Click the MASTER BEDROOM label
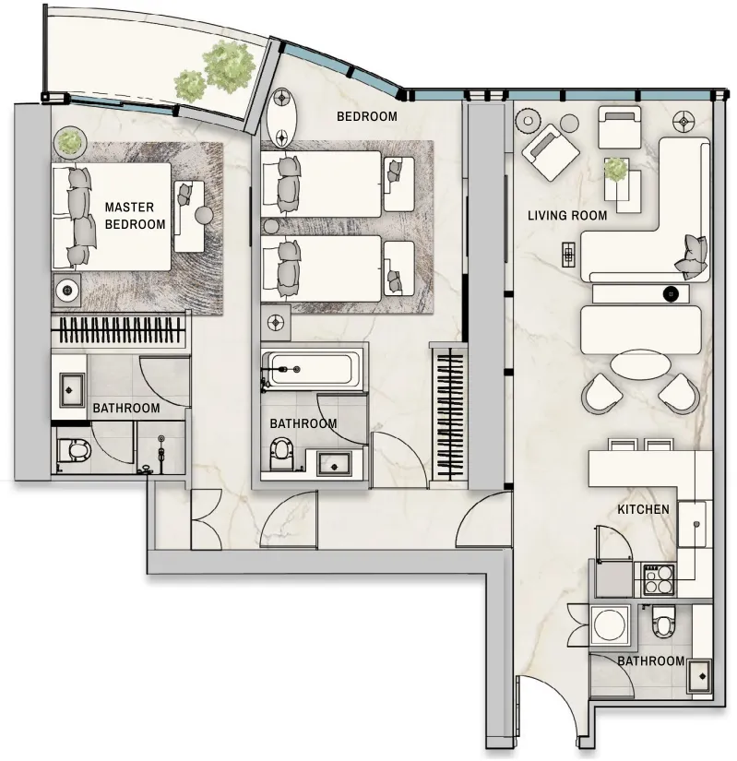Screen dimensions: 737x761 [135, 216]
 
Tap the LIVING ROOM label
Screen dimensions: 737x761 [567, 216]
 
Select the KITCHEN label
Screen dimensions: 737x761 [643, 509]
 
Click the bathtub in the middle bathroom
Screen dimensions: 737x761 [312, 370]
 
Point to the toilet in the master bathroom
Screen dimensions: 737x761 [74, 451]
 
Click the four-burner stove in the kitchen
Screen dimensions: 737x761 [658, 580]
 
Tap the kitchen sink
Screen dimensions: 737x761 [692, 525]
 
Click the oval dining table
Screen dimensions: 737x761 [641, 365]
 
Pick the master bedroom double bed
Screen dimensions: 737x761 [112, 217]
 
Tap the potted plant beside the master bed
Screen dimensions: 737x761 [69, 141]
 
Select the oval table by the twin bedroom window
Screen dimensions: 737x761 [281, 118]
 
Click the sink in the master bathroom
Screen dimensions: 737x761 [72, 389]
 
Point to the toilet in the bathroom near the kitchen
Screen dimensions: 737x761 [661, 623]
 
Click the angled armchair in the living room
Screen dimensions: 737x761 [550, 151]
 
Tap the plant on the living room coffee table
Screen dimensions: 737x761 [615, 170]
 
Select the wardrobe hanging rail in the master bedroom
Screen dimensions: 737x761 [118, 330]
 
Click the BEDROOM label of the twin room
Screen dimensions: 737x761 [367, 116]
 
